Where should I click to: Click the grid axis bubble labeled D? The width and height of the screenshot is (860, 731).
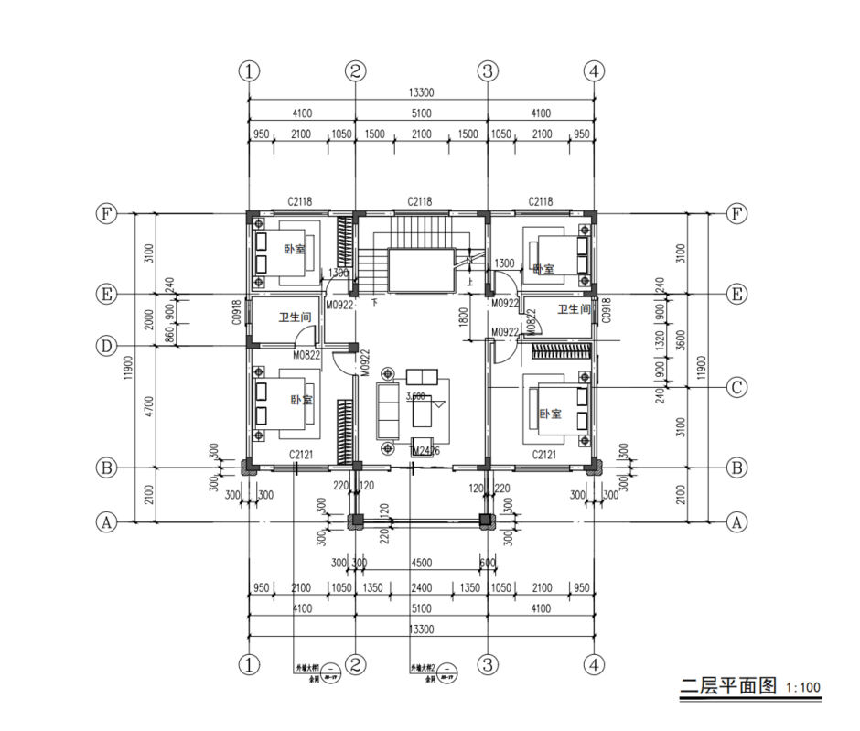pyautogui.click(x=107, y=346)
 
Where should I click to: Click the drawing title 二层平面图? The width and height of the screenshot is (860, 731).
pyautogui.click(x=729, y=685)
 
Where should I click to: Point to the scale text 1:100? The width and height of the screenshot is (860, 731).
pyautogui.click(x=804, y=687)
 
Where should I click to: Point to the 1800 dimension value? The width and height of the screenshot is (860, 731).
pyautogui.click(x=464, y=317)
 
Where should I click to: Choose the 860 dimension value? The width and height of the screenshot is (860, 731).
pyautogui.click(x=169, y=334)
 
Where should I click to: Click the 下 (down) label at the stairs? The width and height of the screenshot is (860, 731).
pyautogui.click(x=374, y=301)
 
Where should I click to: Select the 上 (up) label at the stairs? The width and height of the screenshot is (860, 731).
pyautogui.click(x=470, y=282)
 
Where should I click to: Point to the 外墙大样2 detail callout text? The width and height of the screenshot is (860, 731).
pyautogui.click(x=423, y=669)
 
